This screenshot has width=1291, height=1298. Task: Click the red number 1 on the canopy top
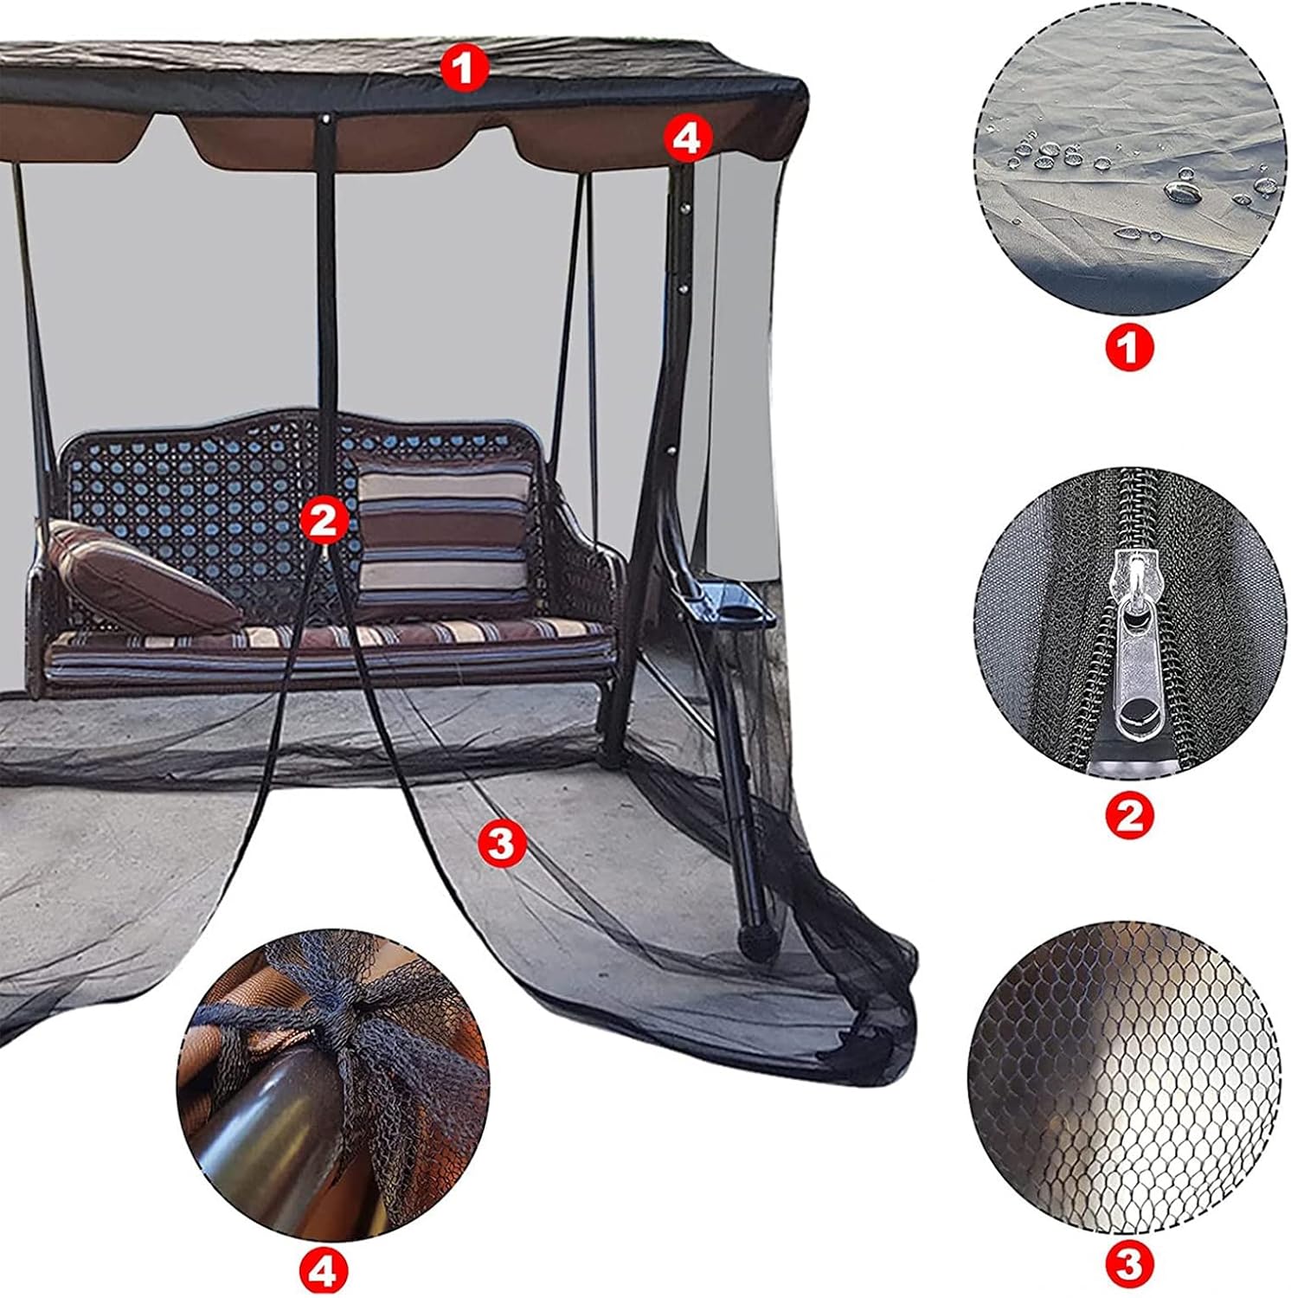pos(464,67)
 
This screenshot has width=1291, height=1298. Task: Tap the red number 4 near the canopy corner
pos(687,138)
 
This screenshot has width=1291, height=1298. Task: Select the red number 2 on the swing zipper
pos(323,519)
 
